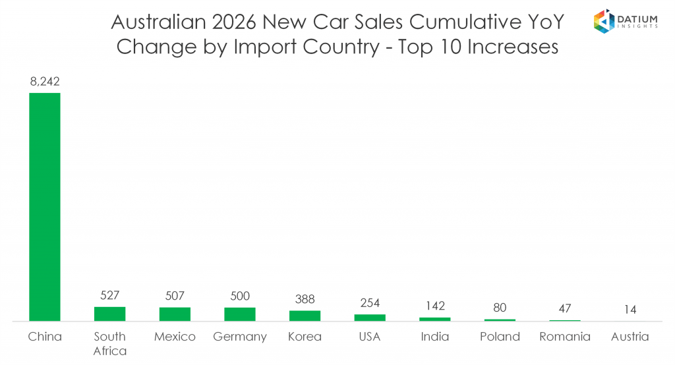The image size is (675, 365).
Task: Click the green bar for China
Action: [45, 207]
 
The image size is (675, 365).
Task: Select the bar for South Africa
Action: [109, 314]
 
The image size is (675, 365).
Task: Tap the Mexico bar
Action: [175, 314]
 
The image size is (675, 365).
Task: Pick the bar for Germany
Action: [239, 314]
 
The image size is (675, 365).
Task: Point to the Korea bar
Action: [305, 316]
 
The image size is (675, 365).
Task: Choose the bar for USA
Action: [370, 318]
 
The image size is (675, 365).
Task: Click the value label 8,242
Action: [45, 82]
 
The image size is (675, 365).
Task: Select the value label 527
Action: [109, 295]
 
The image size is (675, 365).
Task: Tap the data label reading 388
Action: [305, 299]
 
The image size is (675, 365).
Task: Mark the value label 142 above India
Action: [435, 306]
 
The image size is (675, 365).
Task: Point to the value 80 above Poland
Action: [500, 308]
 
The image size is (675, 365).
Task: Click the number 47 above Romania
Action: [565, 308]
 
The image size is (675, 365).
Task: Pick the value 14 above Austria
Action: [630, 310]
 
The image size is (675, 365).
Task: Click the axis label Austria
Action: [630, 337]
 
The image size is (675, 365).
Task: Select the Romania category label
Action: [565, 337]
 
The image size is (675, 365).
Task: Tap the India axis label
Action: [435, 337]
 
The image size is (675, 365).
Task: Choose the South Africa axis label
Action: [109, 343]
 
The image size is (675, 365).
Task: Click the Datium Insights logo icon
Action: [604, 20]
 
